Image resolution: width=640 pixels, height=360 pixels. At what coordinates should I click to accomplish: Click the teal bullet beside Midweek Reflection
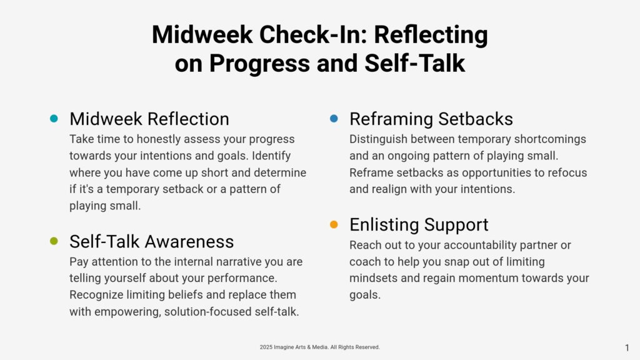click(x=54, y=118)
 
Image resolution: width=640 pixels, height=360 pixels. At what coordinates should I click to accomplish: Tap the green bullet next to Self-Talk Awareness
click(x=54, y=241)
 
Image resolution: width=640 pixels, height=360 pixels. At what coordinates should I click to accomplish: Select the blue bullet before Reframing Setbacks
click(x=334, y=118)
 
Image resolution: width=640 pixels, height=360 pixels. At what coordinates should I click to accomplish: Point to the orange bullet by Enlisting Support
click(x=334, y=224)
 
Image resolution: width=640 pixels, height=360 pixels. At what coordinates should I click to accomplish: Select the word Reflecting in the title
click(x=431, y=36)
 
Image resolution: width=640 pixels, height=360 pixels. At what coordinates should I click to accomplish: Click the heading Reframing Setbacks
click(x=431, y=119)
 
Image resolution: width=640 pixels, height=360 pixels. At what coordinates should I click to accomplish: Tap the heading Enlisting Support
click(x=419, y=225)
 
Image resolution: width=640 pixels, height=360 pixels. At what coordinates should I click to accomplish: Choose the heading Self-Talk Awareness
click(x=151, y=242)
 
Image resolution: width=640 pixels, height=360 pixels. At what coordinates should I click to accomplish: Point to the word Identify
click(x=271, y=156)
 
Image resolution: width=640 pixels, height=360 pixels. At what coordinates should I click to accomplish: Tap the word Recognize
click(x=96, y=295)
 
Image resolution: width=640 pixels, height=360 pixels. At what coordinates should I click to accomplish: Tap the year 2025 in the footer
click(x=266, y=347)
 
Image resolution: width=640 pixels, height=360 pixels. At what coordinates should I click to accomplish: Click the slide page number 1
click(x=627, y=347)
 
